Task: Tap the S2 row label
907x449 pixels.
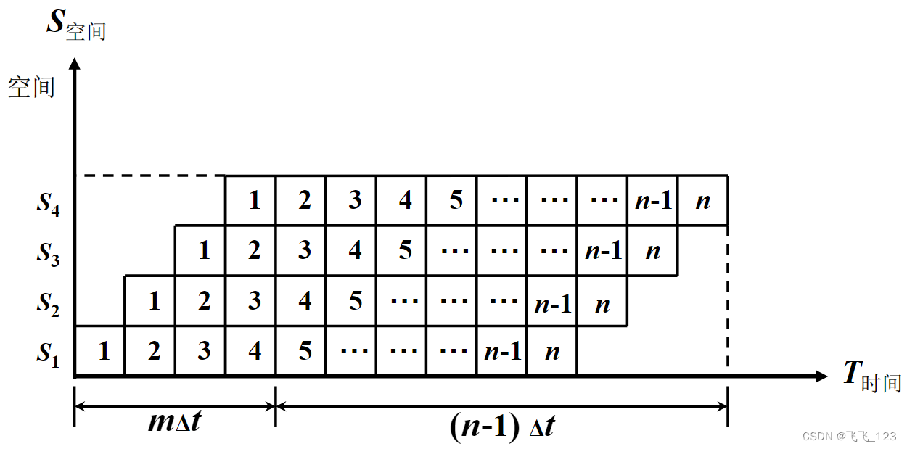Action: tap(49, 302)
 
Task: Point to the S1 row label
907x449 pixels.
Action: tap(49, 353)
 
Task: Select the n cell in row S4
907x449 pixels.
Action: tap(702, 201)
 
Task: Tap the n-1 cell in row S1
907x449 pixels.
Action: tap(502, 352)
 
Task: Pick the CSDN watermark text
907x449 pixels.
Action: tap(849, 436)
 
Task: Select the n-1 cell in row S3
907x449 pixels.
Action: tap(602, 251)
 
